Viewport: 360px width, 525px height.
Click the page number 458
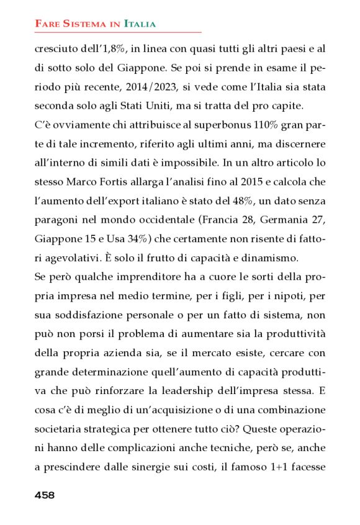coord(45,495)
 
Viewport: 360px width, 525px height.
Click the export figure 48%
coord(241,202)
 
